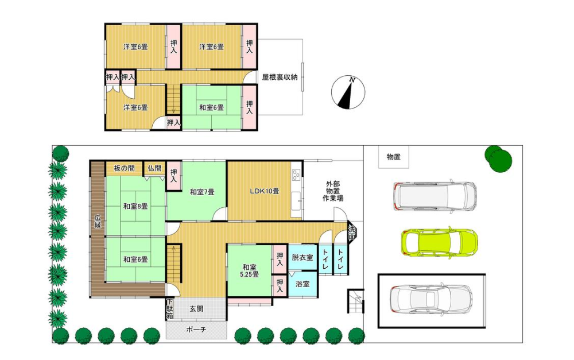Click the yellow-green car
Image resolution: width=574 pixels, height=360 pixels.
click(439, 242)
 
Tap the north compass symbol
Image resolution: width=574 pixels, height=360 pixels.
click(348, 92)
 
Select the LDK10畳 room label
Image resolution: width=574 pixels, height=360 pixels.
click(265, 191)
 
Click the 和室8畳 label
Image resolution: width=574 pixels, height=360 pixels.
click(135, 206)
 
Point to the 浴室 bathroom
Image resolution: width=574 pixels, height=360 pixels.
click(302, 284)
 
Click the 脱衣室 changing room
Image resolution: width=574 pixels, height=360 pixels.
click(302, 257)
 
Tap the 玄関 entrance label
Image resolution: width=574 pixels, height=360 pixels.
click(196, 309)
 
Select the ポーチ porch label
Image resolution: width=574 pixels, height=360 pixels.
click(196, 330)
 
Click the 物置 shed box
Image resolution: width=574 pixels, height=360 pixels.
click(394, 157)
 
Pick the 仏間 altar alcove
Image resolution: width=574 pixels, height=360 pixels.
click(154, 168)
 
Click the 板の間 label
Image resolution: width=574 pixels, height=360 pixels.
click(124, 168)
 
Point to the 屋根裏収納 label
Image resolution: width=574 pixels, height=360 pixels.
click(280, 78)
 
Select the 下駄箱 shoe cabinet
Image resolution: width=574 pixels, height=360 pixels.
click(170, 309)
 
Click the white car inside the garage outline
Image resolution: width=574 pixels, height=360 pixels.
click(431, 300)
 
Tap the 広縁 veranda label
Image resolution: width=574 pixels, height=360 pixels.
click(98, 221)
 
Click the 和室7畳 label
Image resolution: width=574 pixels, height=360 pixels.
click(202, 192)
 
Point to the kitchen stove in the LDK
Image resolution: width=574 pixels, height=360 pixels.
click(297, 175)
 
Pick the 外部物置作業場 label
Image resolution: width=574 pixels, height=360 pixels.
click(333, 191)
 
